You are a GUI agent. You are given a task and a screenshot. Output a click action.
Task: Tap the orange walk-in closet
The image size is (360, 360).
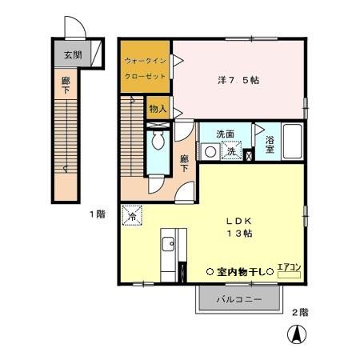tap(146, 67)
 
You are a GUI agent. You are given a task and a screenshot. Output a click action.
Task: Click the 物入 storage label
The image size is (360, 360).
tap(157, 107)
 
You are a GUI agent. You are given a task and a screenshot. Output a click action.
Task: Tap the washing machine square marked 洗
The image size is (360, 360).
tap(230, 150)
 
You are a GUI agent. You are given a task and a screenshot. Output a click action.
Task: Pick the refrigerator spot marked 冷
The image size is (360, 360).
tap(131, 215)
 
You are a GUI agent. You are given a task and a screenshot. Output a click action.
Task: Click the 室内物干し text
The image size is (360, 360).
tap(239, 271)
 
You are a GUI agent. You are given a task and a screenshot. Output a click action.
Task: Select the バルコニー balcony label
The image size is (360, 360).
tap(239, 300)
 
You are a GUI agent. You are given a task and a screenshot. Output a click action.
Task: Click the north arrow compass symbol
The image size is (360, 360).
tap(295, 334)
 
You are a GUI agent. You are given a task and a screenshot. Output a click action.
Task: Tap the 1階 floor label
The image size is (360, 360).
tap(97, 214)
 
